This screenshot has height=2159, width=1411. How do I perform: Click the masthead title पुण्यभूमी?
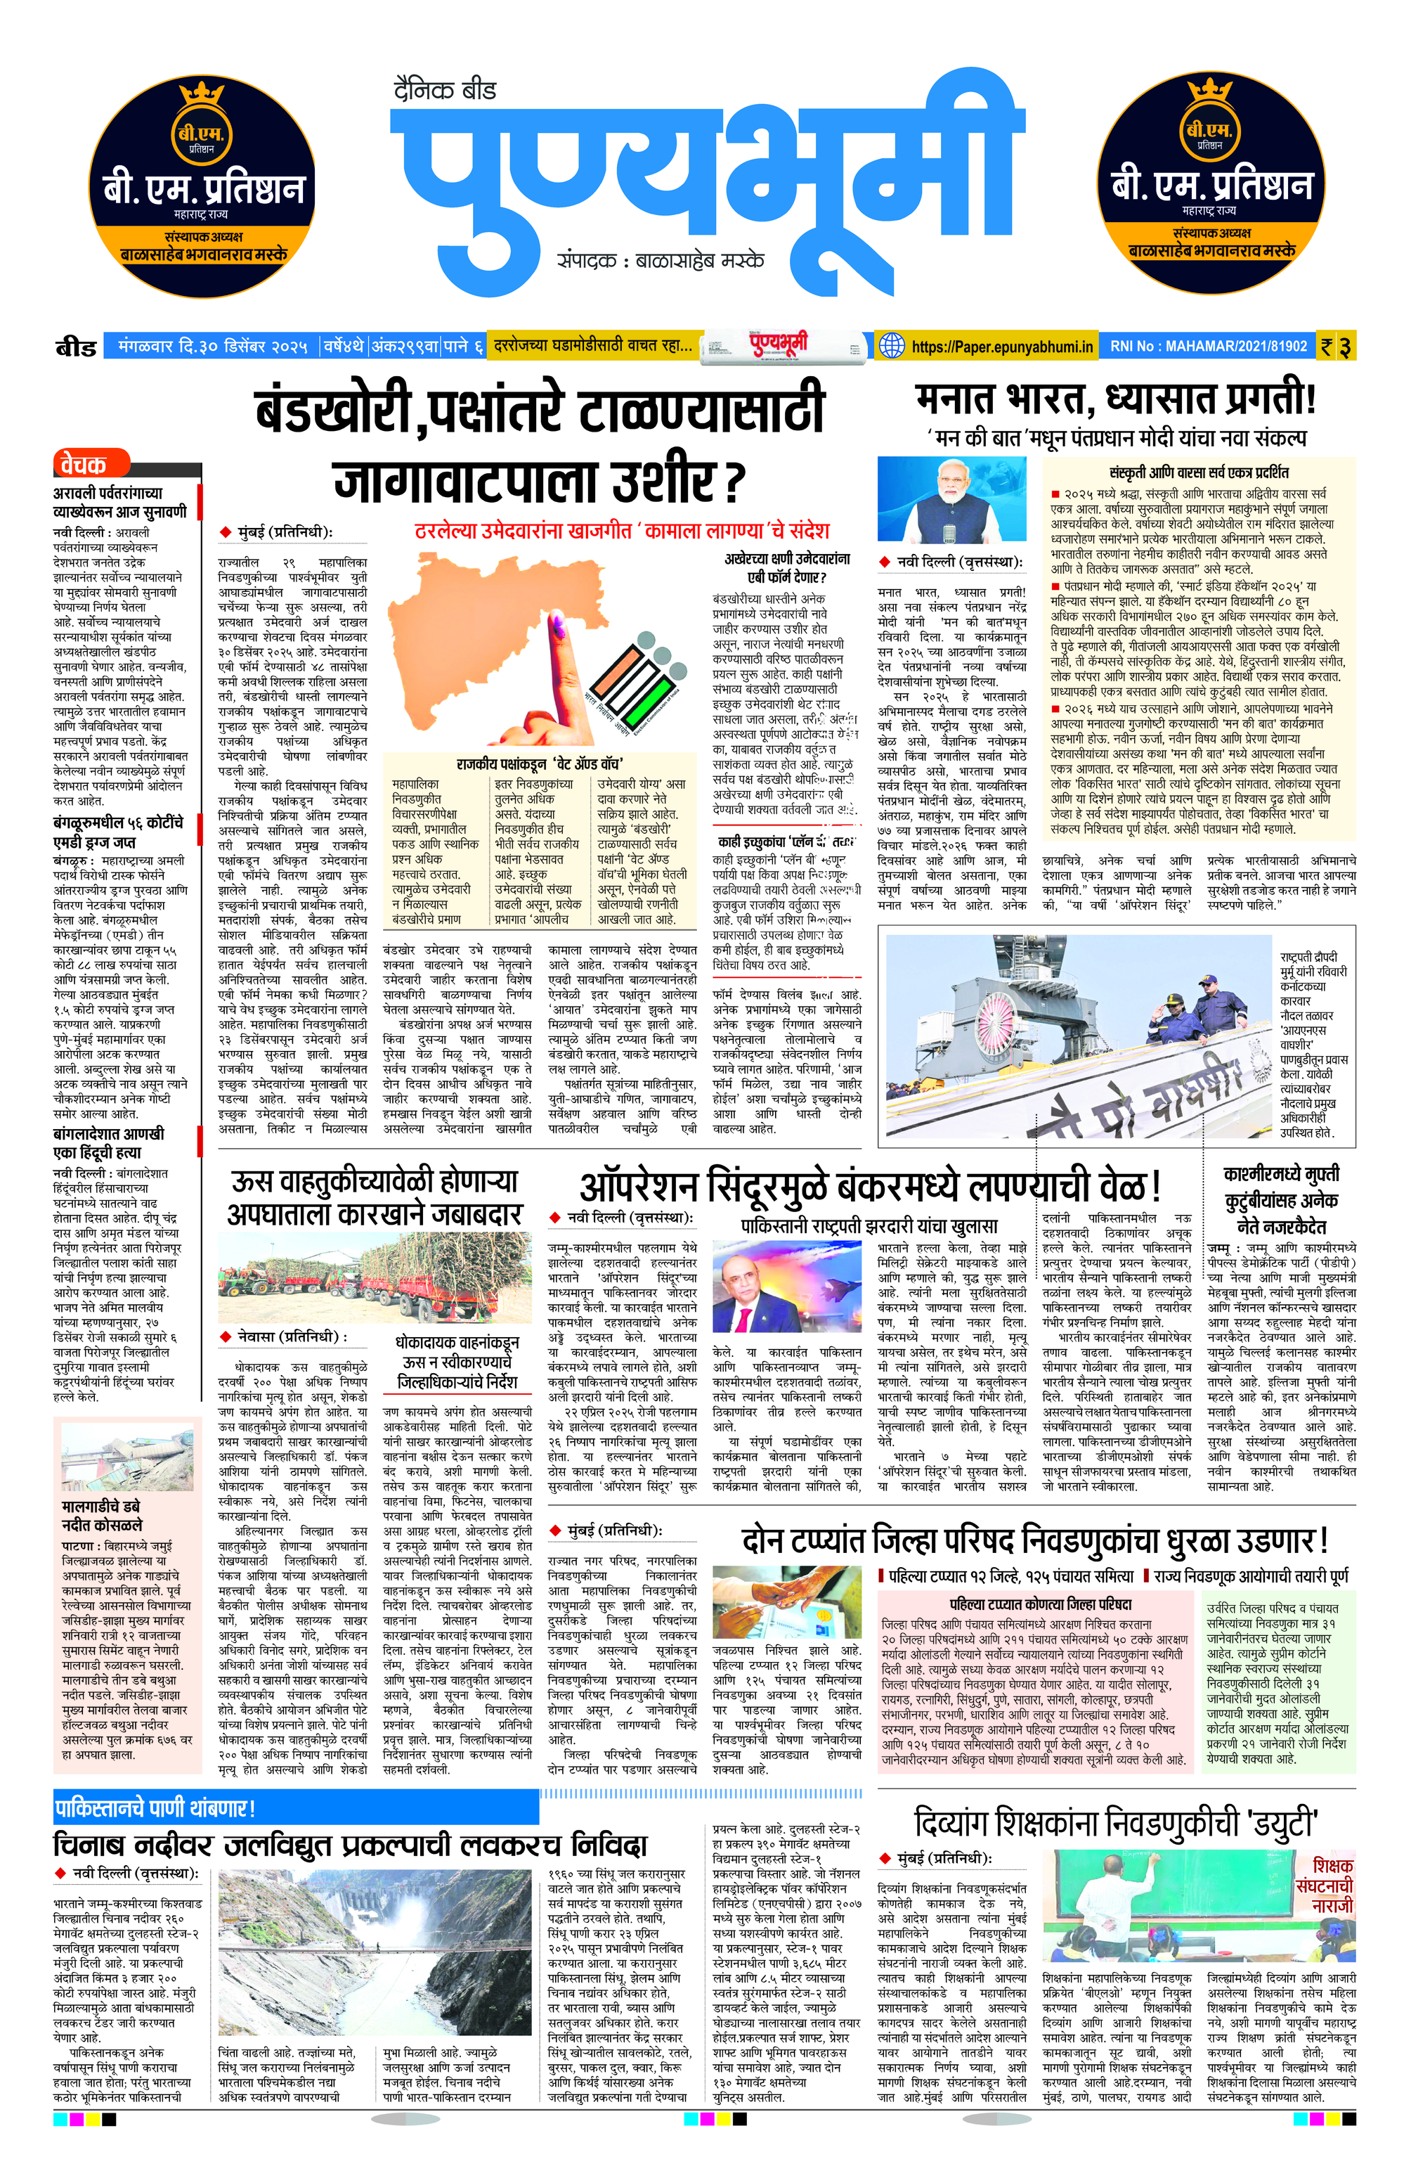703,177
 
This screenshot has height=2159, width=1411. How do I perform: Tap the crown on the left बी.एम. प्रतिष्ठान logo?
201,94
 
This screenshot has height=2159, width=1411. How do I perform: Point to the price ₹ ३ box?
1337,347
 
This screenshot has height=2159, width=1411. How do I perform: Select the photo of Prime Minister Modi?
951,501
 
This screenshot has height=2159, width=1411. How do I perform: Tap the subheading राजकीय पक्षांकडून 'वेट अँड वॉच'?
539,763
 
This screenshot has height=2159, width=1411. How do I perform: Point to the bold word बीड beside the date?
76,347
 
